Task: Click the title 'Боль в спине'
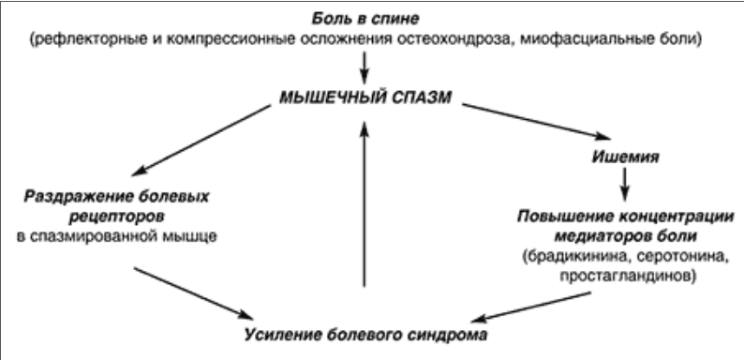coord(365,19)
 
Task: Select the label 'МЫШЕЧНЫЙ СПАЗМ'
coord(365,96)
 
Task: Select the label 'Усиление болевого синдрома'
coord(365,335)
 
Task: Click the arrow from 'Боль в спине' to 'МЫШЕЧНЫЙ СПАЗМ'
coord(365,67)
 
